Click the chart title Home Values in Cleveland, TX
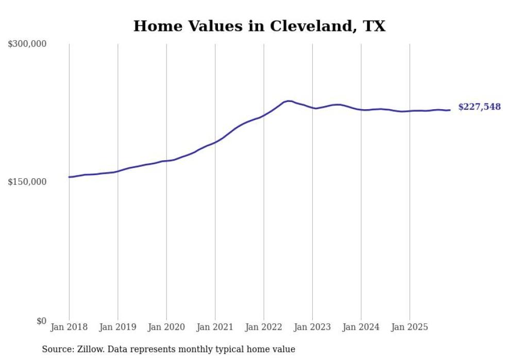[x=259, y=26]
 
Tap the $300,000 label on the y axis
[x=27, y=44]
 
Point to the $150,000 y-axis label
[x=27, y=182]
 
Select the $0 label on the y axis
[x=41, y=321]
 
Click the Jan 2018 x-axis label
[x=69, y=327]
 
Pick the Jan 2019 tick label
[x=117, y=327]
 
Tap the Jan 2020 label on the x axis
[x=166, y=327]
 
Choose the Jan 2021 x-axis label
[x=215, y=327]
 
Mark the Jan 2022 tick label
[x=264, y=327]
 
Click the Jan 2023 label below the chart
[x=312, y=327]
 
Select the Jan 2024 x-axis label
[x=361, y=327]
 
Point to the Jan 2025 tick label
[x=410, y=327]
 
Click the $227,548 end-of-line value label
[x=479, y=107]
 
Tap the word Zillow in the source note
[x=90, y=349]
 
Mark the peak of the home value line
[x=289, y=101]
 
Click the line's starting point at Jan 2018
[x=70, y=177]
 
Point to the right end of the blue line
[x=450, y=110]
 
